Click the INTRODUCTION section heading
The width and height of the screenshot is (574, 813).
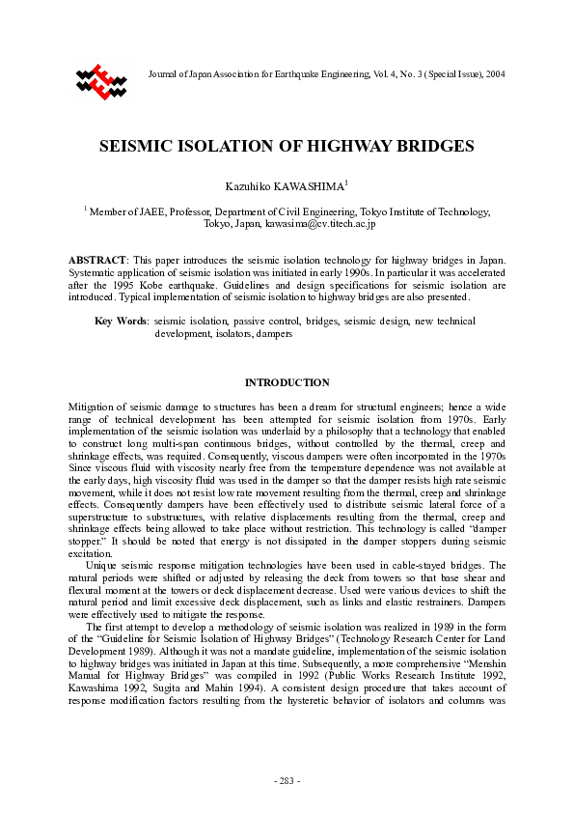pyautogui.click(x=287, y=382)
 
